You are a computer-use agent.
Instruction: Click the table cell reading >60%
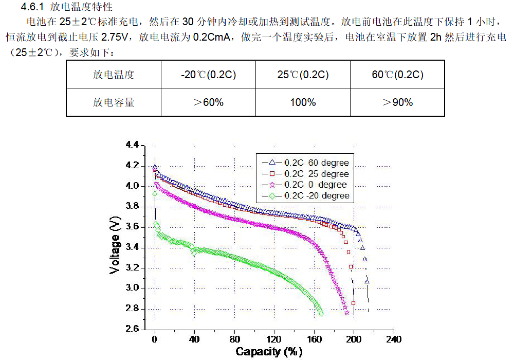(x=208, y=102)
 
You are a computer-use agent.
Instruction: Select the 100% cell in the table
(x=303, y=102)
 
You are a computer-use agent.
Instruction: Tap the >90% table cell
(x=397, y=102)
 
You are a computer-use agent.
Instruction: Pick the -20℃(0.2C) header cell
(x=208, y=75)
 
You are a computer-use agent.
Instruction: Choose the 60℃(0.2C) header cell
(x=397, y=75)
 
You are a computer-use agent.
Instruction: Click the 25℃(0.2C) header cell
(x=303, y=75)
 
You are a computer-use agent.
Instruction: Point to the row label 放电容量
(x=114, y=102)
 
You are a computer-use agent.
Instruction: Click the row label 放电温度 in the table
(x=114, y=75)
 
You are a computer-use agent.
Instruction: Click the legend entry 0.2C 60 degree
(x=317, y=163)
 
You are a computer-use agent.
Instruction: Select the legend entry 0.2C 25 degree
(x=317, y=174)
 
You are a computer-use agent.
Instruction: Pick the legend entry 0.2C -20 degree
(x=317, y=195)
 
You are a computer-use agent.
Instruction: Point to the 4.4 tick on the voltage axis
(x=132, y=146)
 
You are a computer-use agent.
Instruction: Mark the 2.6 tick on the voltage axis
(x=132, y=329)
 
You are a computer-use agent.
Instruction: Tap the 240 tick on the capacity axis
(x=393, y=339)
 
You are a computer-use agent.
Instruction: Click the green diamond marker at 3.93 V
(x=155, y=193)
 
